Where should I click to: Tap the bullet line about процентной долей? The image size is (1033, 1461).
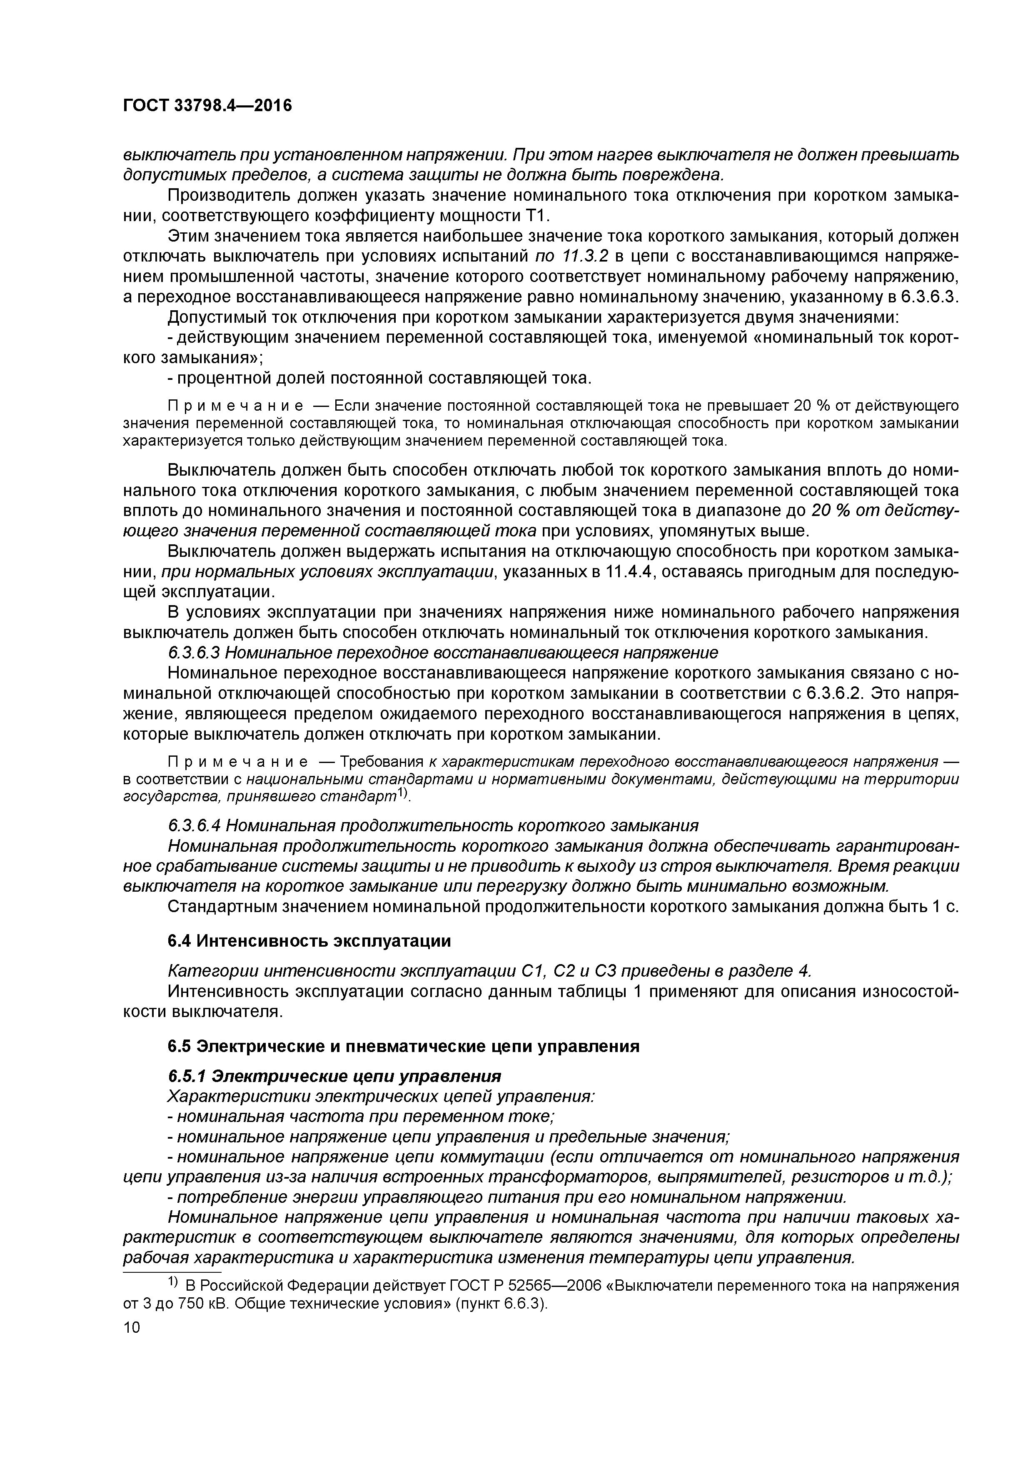(379, 378)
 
